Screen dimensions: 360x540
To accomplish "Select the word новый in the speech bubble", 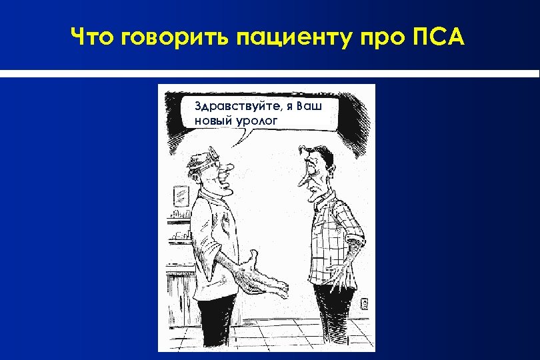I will pyautogui.click(x=212, y=120).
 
